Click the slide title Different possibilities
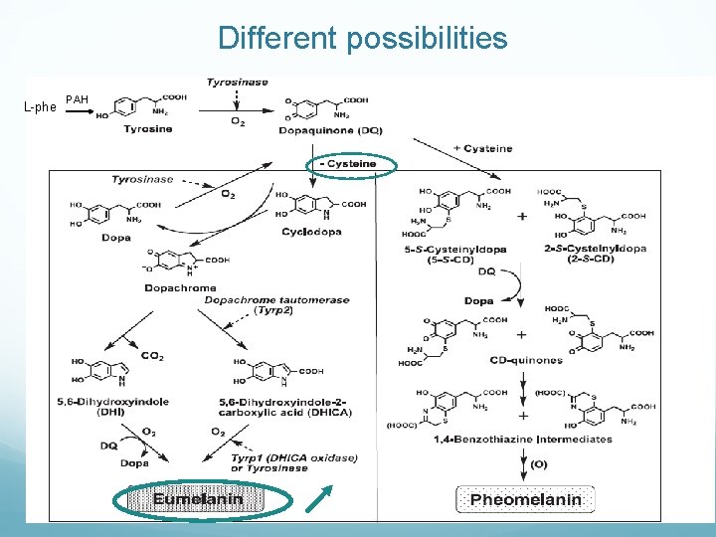click(x=362, y=39)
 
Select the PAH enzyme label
click(x=78, y=99)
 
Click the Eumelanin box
click(x=198, y=499)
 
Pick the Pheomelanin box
click(x=525, y=499)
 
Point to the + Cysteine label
click(x=482, y=149)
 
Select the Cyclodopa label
click(x=312, y=232)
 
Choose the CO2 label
click(x=152, y=356)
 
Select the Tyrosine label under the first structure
click(x=147, y=128)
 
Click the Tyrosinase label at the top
click(x=237, y=82)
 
